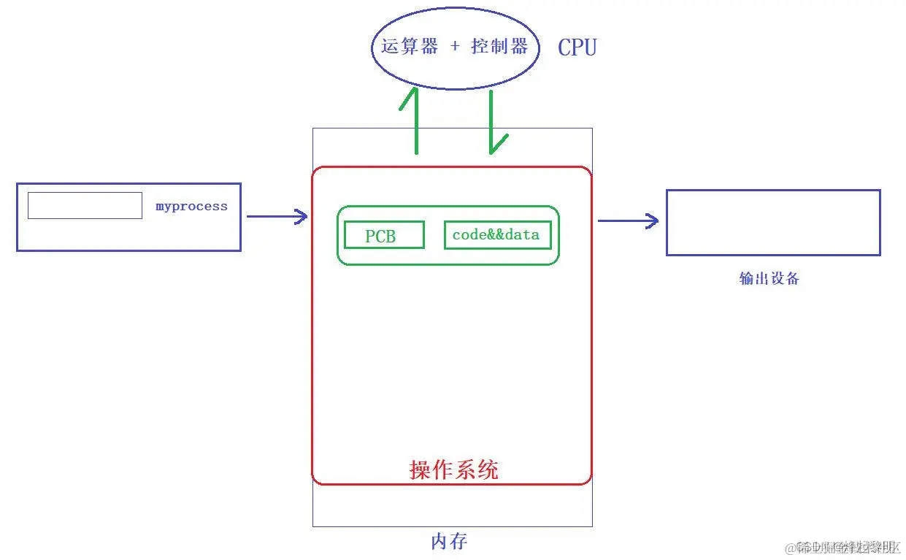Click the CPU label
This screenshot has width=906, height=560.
pos(577,47)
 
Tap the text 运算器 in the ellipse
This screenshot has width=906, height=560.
pos(410,47)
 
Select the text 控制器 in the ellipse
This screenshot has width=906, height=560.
pos(499,47)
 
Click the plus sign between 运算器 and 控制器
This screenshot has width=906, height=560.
pos(455,47)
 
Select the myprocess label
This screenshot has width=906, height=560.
pos(191,207)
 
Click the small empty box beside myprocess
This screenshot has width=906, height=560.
pos(85,205)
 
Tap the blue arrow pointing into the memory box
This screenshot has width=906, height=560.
pos(277,216)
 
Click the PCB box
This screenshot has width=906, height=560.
pos(384,235)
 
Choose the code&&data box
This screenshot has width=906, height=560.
pos(497,235)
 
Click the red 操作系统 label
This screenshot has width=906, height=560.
pos(454,469)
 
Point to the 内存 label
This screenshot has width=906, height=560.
pos(449,541)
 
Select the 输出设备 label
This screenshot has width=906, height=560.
pos(769,278)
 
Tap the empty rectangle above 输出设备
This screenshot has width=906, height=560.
pos(773,223)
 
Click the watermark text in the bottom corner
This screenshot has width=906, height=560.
pos(847,547)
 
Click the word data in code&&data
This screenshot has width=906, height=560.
pos(524,234)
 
